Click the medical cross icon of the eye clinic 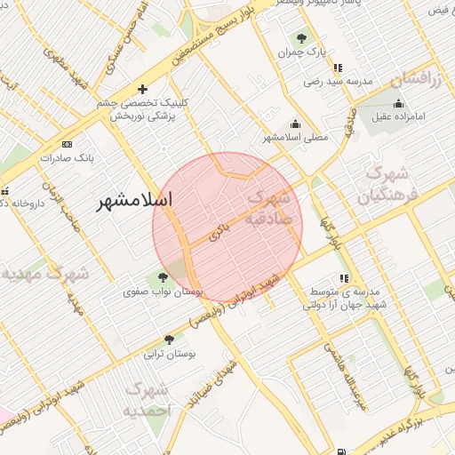[142, 89]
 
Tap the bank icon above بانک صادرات [67, 144]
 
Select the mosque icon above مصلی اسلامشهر [295, 124]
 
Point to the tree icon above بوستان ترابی [169, 339]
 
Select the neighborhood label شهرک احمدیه [144, 399]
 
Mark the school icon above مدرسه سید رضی [337, 68]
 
